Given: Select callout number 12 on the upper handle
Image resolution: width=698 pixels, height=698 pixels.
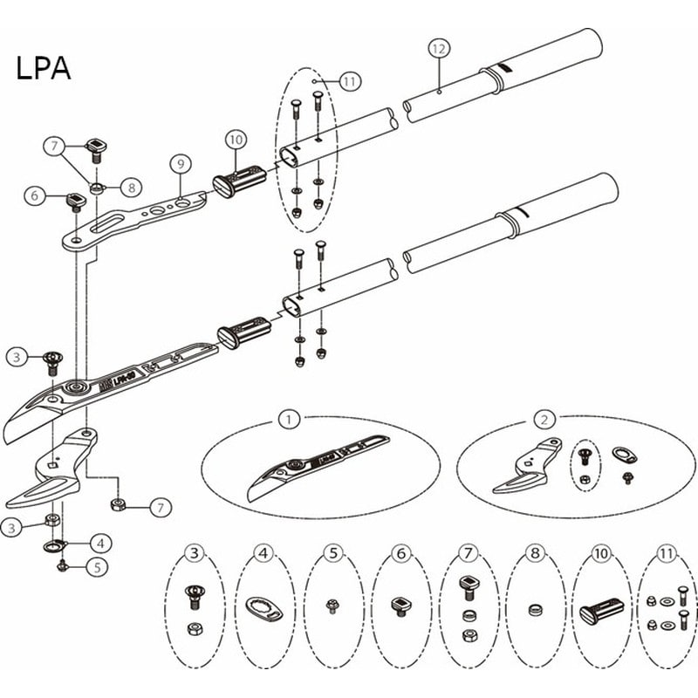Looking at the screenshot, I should point(438,50).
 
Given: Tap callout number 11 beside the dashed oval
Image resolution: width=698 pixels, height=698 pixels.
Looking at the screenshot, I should point(349,81).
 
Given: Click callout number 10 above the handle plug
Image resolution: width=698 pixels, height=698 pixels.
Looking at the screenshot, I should point(234,138).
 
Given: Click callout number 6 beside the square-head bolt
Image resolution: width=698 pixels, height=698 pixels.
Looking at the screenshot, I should point(36,196).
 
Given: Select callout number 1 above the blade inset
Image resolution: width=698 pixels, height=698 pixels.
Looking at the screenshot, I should point(288,419).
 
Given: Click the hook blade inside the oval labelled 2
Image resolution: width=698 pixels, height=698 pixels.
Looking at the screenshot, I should point(523,471).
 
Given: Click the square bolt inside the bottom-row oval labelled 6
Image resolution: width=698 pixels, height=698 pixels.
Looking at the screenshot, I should point(400,604).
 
